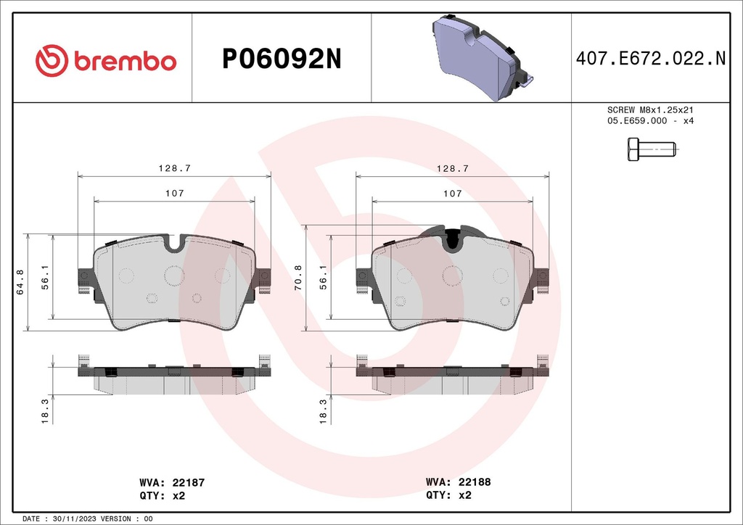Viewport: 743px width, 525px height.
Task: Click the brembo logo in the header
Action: point(106,62)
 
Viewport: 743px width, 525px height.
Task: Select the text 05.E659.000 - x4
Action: point(650,121)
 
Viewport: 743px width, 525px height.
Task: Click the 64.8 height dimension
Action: point(22,282)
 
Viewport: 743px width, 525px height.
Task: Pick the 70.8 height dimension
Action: point(300,278)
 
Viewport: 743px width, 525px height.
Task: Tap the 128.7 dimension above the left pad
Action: point(174,168)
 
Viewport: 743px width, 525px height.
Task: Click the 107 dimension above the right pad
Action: point(452,194)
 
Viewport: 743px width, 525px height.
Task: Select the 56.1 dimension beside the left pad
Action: point(45,276)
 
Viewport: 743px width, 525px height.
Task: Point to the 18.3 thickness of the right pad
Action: point(323,412)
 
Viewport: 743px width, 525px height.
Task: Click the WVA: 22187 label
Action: point(173,482)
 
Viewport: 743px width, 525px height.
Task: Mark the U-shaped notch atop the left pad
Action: point(174,243)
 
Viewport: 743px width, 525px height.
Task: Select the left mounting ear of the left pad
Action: point(84,279)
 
